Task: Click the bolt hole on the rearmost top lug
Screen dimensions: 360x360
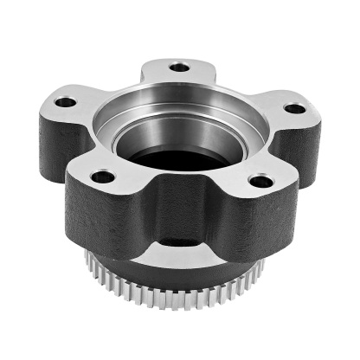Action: tap(179, 67)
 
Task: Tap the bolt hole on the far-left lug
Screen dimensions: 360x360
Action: tap(65, 102)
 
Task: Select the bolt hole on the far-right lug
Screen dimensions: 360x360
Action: tap(295, 109)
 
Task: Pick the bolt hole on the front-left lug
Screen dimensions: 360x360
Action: tap(103, 177)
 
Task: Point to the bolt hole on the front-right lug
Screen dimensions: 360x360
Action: tap(258, 182)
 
